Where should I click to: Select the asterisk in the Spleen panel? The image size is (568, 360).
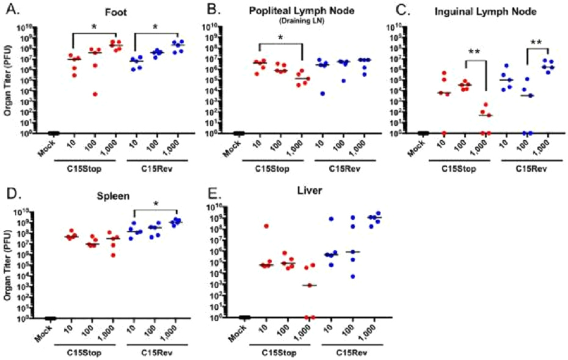[x=156, y=204]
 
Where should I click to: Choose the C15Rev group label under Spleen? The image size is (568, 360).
[x=155, y=351]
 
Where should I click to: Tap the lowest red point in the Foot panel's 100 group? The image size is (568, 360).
[x=95, y=94]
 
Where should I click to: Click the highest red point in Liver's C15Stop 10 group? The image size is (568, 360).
[x=266, y=226]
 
